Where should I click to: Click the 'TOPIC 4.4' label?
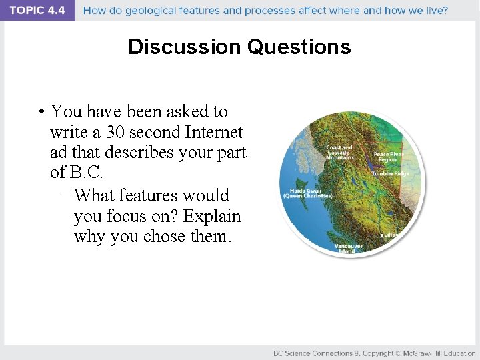coord(37,11)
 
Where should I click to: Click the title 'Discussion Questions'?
coord(239,47)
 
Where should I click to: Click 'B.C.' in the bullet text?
coord(87,172)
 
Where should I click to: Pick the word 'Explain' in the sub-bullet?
coord(213,216)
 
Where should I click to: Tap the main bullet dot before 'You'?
coord(41,112)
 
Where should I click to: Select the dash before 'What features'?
coord(67,195)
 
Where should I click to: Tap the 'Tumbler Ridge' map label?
coord(391,173)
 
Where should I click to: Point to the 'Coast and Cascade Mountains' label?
coord(339,152)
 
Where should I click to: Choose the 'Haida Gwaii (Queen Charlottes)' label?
coord(307,193)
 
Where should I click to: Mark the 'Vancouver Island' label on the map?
coord(349,248)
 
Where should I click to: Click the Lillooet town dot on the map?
coord(382,235)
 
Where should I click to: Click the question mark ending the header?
coord(445,11)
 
